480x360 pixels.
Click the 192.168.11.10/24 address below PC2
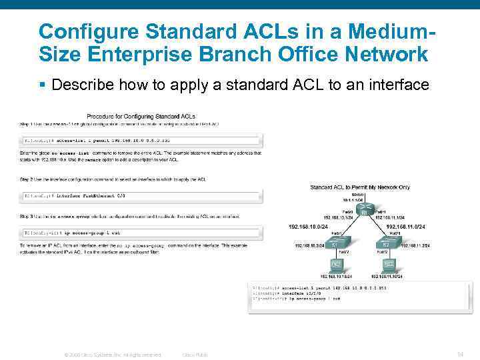point(390,276)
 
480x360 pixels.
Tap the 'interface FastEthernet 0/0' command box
point(141,196)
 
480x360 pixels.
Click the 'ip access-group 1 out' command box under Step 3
point(141,233)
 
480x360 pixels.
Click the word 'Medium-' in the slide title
point(385,31)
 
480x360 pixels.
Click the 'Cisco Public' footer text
point(195,355)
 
